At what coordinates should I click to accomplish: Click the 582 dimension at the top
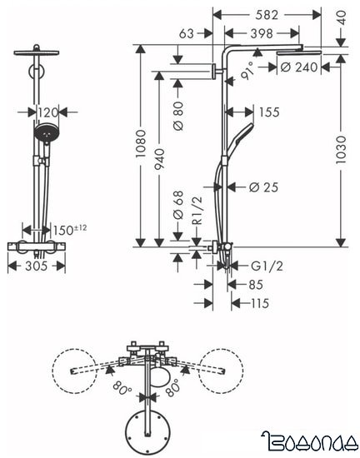click(267, 14)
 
